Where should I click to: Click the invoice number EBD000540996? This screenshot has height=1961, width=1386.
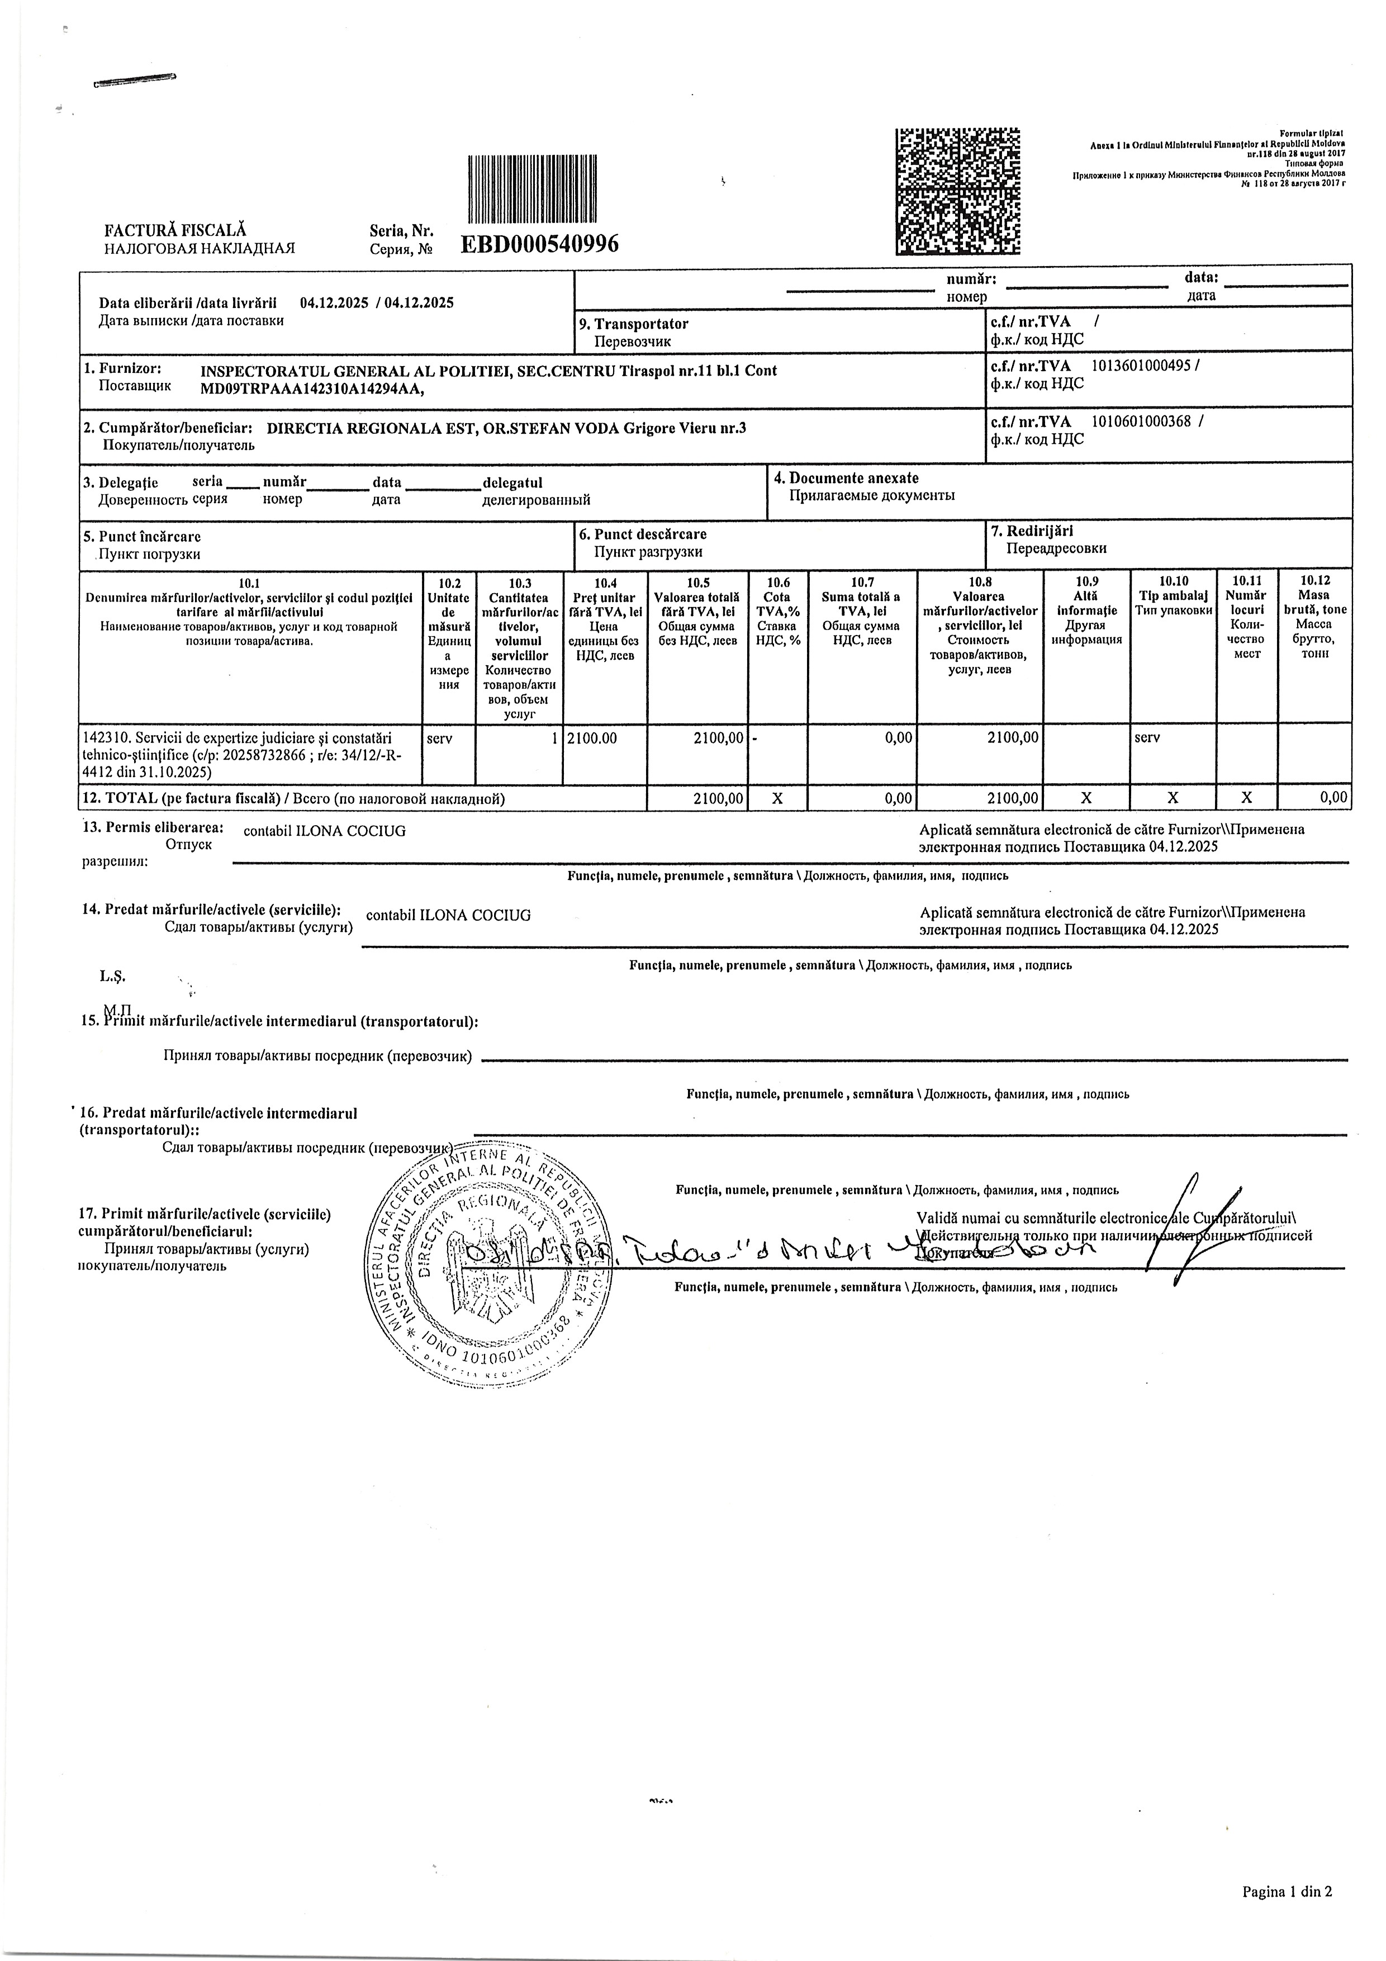click(540, 244)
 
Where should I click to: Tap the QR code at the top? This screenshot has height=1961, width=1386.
click(957, 191)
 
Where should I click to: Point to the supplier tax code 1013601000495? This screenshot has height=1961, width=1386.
click(1143, 366)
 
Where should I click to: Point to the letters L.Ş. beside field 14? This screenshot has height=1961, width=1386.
click(112, 976)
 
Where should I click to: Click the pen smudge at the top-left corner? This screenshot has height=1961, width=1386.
click(134, 81)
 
